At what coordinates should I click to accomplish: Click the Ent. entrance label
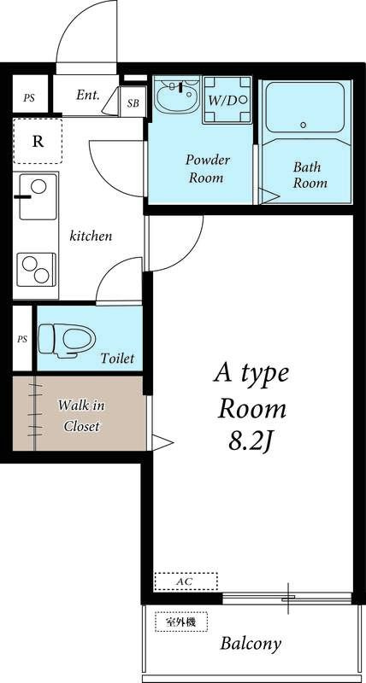[88, 95]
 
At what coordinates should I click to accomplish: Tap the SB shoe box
[133, 102]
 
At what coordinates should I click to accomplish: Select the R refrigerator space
[38, 141]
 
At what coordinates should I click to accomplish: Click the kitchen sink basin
[38, 197]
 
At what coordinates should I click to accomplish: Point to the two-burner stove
[37, 269]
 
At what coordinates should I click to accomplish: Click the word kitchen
[91, 236]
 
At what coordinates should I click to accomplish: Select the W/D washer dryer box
[227, 100]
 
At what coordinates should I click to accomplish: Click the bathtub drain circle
[304, 126]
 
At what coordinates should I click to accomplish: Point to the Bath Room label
[310, 175]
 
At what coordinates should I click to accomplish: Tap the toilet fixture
[67, 340]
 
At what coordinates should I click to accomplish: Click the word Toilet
[117, 359]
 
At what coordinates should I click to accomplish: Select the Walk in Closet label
[81, 416]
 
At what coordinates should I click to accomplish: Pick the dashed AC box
[186, 581]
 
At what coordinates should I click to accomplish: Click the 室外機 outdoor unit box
[181, 622]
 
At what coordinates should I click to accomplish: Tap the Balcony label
[251, 644]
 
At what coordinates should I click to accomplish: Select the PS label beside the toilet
[22, 338]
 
